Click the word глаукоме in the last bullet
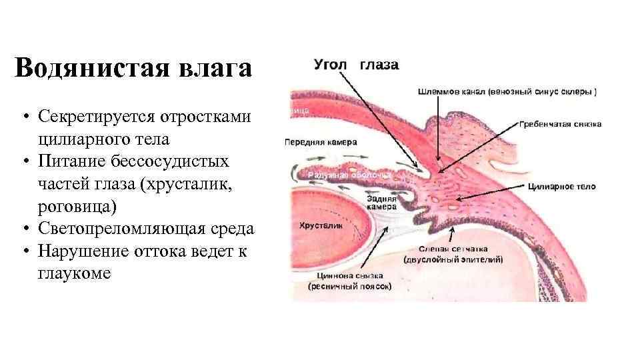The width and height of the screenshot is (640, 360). [x=75, y=273]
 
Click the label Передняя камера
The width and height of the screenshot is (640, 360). [x=321, y=142]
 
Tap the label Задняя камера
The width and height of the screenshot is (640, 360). [x=383, y=203]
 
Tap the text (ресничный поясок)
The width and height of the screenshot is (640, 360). [x=350, y=286]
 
